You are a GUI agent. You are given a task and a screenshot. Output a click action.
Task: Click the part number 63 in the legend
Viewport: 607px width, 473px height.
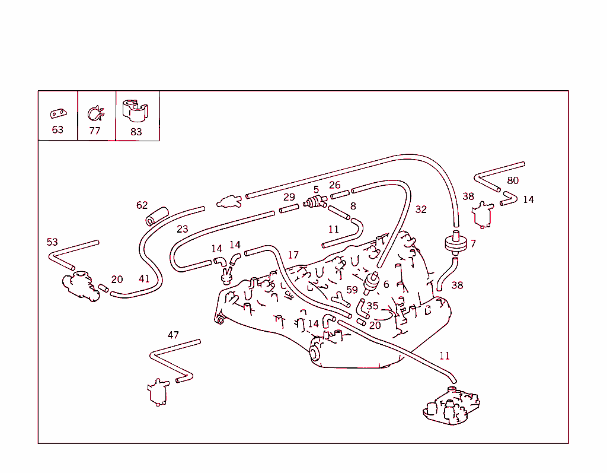tap(57, 129)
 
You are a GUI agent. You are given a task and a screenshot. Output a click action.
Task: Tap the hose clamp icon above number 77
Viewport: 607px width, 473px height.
tap(95, 113)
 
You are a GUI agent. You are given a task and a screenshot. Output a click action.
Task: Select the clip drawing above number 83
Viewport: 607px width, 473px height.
tap(135, 110)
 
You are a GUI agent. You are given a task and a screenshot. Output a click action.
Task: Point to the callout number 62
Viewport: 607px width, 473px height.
tap(142, 205)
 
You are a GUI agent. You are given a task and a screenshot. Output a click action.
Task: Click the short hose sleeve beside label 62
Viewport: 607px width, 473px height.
tap(158, 217)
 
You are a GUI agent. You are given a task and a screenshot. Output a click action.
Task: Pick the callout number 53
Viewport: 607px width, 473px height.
tap(53, 242)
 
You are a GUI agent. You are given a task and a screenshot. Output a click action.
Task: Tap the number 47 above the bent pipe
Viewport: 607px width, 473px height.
tap(173, 335)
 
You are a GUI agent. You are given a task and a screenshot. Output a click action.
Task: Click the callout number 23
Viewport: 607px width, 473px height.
tap(182, 229)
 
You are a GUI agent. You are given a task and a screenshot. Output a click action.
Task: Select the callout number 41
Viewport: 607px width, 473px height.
tap(145, 278)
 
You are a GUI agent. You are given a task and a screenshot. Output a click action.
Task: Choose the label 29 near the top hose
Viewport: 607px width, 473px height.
tap(289, 197)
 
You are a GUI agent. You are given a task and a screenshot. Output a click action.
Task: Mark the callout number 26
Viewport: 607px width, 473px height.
tap(335, 186)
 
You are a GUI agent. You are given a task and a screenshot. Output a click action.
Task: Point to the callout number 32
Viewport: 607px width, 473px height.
tap(421, 209)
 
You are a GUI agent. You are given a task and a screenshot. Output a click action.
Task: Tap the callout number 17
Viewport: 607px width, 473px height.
tap(293, 255)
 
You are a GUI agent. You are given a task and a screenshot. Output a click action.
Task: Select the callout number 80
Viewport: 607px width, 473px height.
tap(513, 180)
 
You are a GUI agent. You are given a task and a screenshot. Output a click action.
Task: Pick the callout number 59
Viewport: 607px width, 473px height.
tap(352, 290)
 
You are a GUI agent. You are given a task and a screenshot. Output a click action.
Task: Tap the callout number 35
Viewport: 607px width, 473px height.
tap(372, 306)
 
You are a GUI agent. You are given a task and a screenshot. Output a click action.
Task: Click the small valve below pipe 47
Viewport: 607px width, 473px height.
tap(157, 392)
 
